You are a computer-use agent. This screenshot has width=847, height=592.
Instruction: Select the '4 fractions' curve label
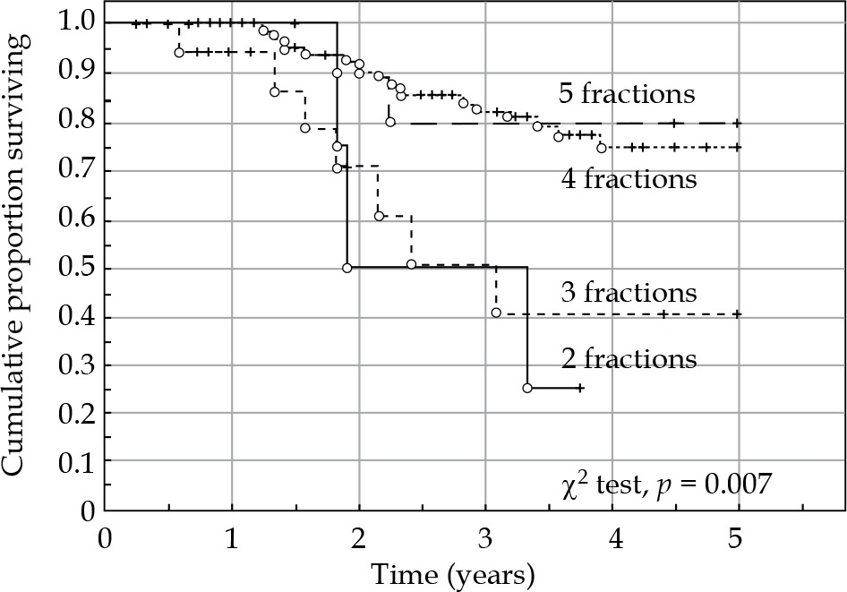pyautogui.click(x=629, y=179)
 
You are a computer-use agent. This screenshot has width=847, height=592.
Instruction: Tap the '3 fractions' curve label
pyautogui.click(x=629, y=293)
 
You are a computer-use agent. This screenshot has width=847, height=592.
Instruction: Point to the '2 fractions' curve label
pyautogui.click(x=629, y=359)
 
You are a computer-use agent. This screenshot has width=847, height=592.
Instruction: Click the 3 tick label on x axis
pyautogui.click(x=486, y=542)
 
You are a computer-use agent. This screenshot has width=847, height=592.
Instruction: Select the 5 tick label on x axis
pyautogui.click(x=740, y=542)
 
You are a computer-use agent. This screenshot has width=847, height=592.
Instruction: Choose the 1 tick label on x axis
pyautogui.click(x=232, y=542)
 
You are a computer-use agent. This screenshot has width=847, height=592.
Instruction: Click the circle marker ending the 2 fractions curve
pyautogui.click(x=527, y=388)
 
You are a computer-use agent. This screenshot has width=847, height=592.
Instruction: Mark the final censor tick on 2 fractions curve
pyautogui.click(x=580, y=388)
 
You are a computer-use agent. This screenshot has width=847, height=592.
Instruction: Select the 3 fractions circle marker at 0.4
pyautogui.click(x=496, y=313)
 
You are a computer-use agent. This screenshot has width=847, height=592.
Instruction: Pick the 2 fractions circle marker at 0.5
pyautogui.click(x=346, y=268)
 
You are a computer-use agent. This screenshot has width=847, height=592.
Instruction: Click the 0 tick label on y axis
pyautogui.click(x=86, y=510)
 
